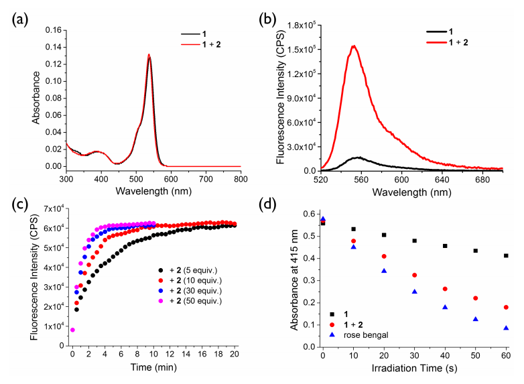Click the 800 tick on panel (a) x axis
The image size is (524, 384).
pyautogui.click(x=240, y=176)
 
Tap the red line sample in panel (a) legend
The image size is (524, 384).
pyautogui.click(x=190, y=43)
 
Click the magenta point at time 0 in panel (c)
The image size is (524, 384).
pyautogui.click(x=72, y=330)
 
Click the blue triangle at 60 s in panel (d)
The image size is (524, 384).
pyautogui.click(x=506, y=328)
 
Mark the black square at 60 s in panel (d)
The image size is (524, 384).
pyautogui.click(x=506, y=255)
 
